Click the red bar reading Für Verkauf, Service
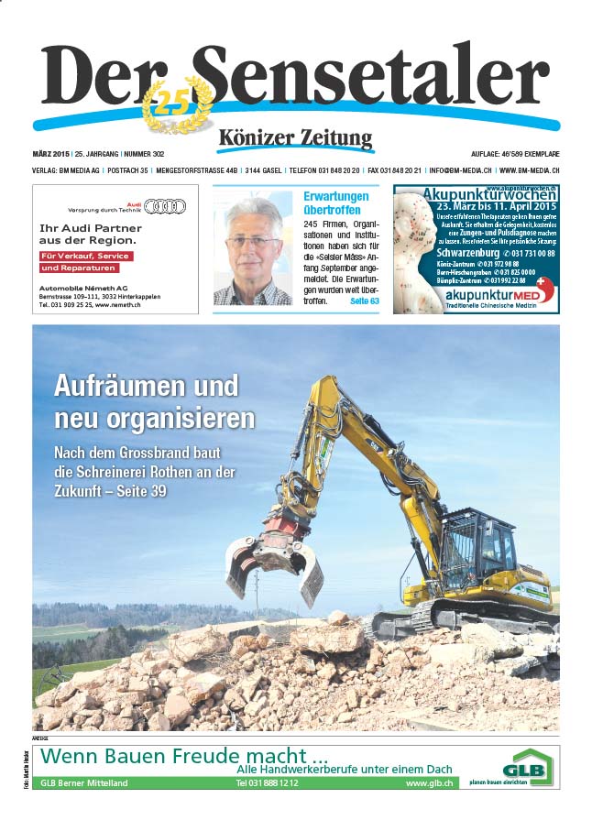[86, 256]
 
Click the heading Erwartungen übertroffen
[336, 202]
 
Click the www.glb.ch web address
[426, 783]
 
